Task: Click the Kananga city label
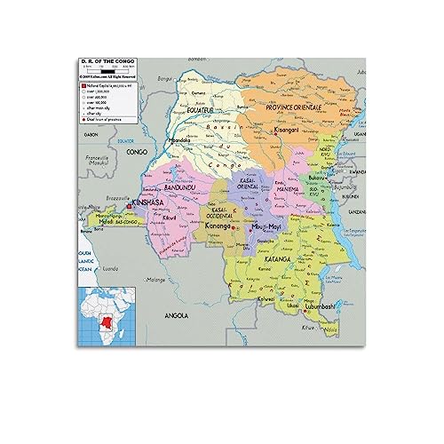[x=219, y=226]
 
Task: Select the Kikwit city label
[x=171, y=218]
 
